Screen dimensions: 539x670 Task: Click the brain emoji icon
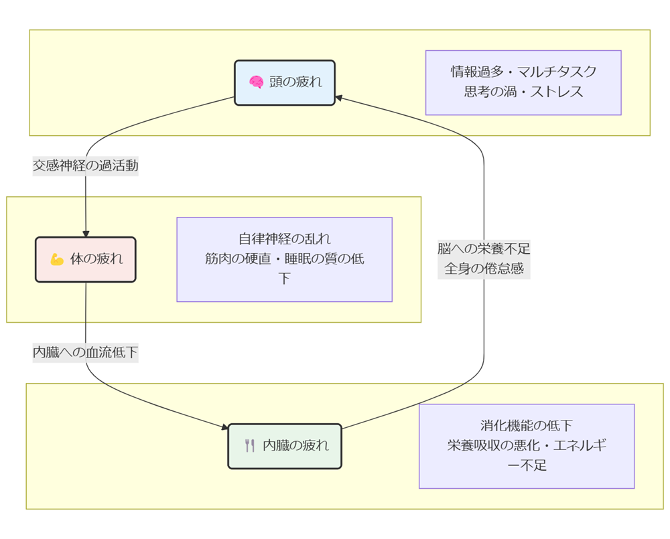pyautogui.click(x=256, y=82)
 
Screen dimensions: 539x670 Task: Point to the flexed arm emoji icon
pyautogui.click(x=57, y=259)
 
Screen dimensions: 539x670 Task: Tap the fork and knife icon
pyautogui.click(x=250, y=445)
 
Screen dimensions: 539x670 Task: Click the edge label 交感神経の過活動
pyautogui.click(x=86, y=165)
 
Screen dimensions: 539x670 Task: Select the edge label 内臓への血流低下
pyautogui.click(x=86, y=351)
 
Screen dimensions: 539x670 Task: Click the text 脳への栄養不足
pyautogui.click(x=484, y=249)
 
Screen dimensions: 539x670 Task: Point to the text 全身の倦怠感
pyautogui.click(x=484, y=269)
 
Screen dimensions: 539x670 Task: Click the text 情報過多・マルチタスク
pyautogui.click(x=523, y=72)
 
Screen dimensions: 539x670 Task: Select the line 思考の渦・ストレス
pyautogui.click(x=523, y=92)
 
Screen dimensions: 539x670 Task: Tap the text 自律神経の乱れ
pyautogui.click(x=284, y=239)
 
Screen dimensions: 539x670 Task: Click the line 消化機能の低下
pyautogui.click(x=526, y=425)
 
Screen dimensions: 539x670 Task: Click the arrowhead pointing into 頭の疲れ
pyautogui.click(x=339, y=98)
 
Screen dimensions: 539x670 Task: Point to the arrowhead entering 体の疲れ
pyautogui.click(x=86, y=233)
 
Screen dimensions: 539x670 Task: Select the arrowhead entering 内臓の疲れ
pyautogui.click(x=224, y=427)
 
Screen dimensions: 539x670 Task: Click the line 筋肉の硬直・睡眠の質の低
pyautogui.click(x=284, y=259)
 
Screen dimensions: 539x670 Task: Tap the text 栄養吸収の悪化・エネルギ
pyautogui.click(x=526, y=445)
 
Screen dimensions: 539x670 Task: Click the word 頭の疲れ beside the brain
pyautogui.click(x=295, y=82)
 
